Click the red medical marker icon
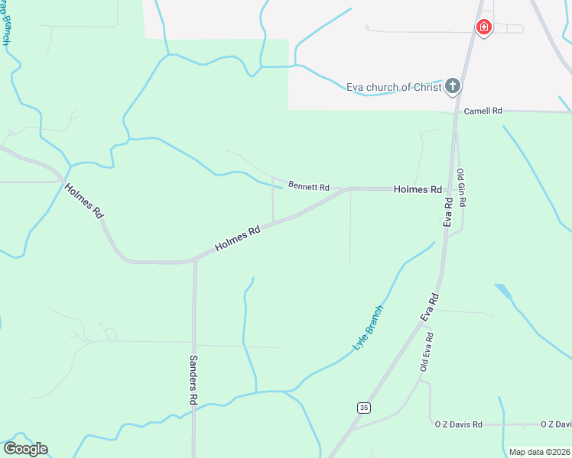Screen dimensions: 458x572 pyautogui.click(x=483, y=28)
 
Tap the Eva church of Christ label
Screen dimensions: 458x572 pyautogui.click(x=394, y=87)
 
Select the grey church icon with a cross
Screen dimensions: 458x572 pyautogui.click(x=453, y=85)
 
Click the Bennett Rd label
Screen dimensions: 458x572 pyautogui.click(x=308, y=186)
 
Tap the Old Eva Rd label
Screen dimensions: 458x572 pyautogui.click(x=427, y=351)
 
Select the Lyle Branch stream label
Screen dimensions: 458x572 pyautogui.click(x=368, y=327)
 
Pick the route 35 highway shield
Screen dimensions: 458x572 pyautogui.click(x=363, y=408)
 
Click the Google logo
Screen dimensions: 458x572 pyautogui.click(x=25, y=449)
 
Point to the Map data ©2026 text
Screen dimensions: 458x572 pyautogui.click(x=540, y=452)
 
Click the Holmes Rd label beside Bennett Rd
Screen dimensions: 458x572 pyautogui.click(x=418, y=189)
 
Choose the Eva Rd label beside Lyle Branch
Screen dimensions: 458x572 pyautogui.click(x=429, y=307)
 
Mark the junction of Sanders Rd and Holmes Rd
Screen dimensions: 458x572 pyautogui.click(x=195, y=260)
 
